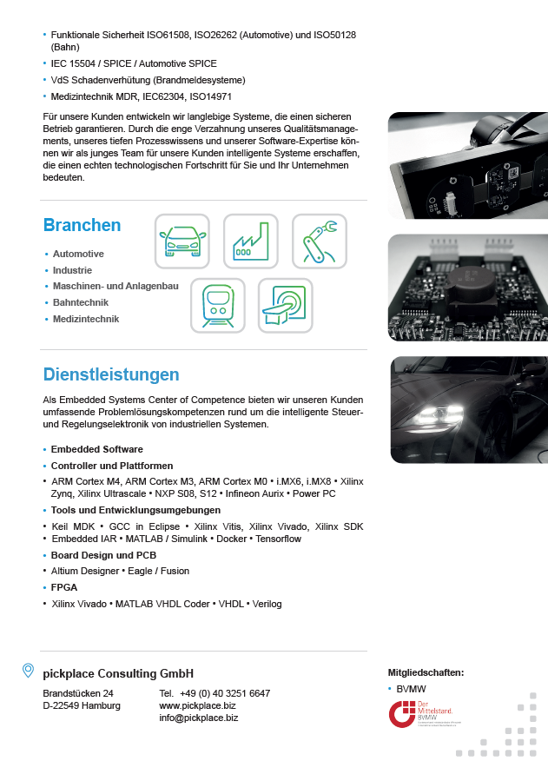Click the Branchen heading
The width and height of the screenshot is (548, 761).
[83, 225]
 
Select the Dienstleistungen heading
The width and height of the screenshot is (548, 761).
[111, 374]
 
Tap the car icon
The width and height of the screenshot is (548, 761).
[182, 242]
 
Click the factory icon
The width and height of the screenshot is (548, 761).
[250, 242]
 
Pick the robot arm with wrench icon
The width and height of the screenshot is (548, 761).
[319, 242]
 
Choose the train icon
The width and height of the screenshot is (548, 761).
[217, 305]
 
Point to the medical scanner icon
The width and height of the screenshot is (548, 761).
[285, 305]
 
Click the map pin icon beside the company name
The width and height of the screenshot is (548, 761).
[29, 671]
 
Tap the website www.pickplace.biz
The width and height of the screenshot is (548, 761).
[197, 705]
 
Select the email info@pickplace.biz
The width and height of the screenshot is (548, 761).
[198, 718]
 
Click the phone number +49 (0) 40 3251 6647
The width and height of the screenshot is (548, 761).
[225, 693]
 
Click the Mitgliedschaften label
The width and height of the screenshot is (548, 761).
[426, 672]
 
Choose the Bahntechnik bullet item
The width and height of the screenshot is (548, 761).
[80, 302]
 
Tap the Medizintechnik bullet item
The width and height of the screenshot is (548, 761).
[85, 319]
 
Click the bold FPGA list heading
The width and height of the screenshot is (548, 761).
[64, 587]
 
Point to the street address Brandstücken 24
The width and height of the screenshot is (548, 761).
[78, 693]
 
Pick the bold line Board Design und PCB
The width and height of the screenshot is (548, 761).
[103, 554]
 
